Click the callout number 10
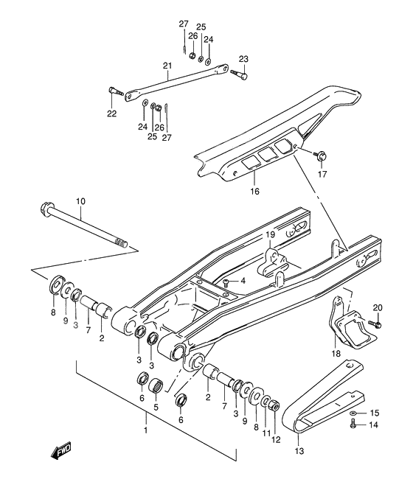point(80,200)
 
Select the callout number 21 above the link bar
point(167,66)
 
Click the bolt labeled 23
point(241,74)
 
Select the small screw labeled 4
point(225,282)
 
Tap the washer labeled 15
point(354,413)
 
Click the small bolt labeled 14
point(354,425)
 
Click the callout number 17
point(322,175)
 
